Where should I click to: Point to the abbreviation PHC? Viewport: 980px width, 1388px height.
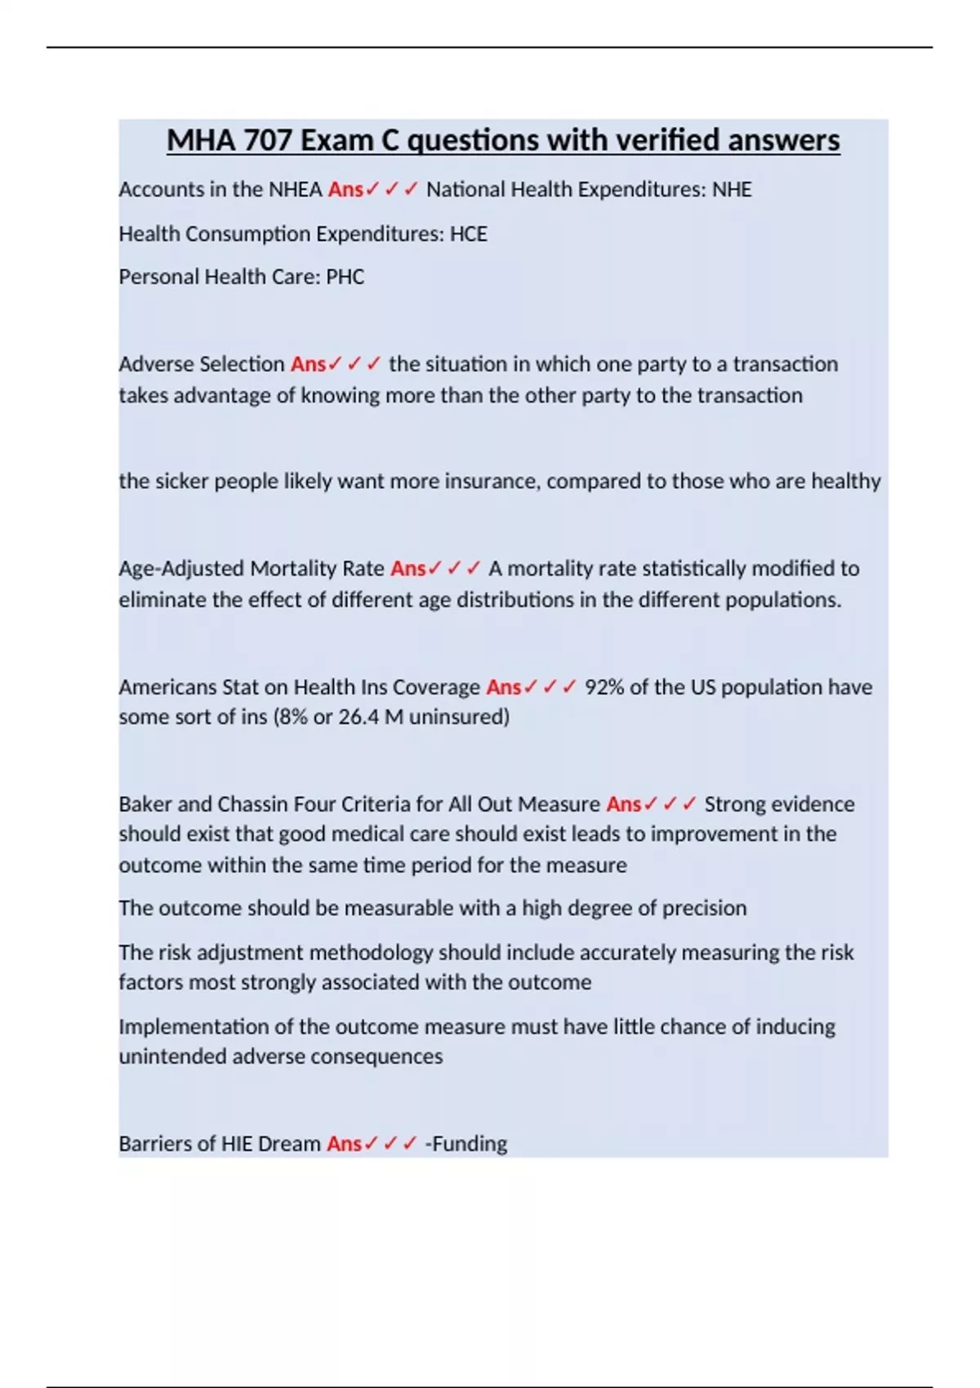[345, 277]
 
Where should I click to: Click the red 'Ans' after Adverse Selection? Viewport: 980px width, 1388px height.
[308, 364]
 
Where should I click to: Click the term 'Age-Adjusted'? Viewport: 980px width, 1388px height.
[181, 568]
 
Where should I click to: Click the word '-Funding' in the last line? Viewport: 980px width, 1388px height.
[466, 1144]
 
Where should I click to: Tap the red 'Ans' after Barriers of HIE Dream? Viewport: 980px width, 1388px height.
[344, 1144]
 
